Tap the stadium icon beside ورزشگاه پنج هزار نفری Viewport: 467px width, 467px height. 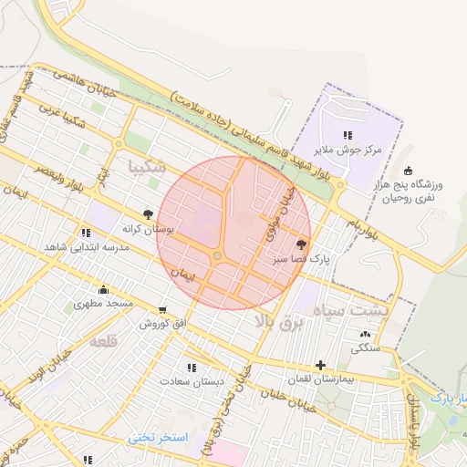tap(407, 170)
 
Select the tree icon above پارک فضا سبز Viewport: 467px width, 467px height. tap(302, 244)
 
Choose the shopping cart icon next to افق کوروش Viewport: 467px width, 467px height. tap(162, 310)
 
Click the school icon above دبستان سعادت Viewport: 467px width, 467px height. tap(190, 367)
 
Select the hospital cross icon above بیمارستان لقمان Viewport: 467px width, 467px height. tap(320, 365)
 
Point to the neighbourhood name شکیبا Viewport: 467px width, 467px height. tap(148, 167)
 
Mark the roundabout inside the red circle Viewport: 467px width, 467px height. tap(219, 257)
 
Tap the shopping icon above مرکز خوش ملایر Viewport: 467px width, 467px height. tap(348, 135)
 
